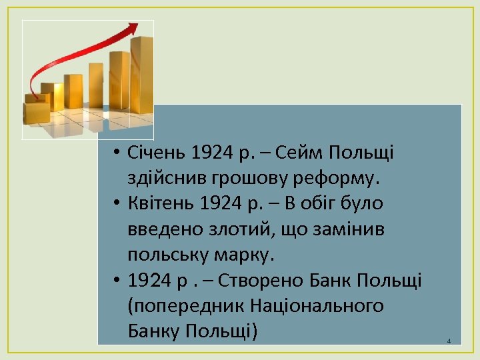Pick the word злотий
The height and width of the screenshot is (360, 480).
233,229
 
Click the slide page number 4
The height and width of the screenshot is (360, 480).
449,341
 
